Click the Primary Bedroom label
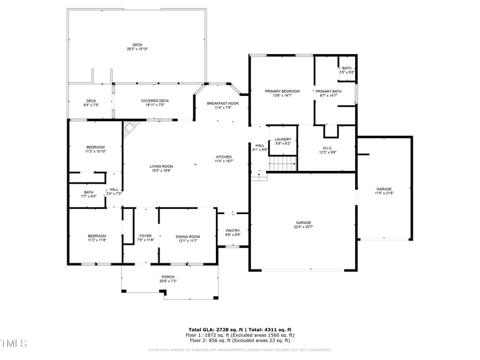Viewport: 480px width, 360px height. [282, 91]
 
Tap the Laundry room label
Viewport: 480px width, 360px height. [283, 139]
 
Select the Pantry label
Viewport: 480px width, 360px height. [233, 230]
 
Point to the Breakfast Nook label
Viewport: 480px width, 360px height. [223, 103]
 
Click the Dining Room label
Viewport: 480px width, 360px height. [188, 236]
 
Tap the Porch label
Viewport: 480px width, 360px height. [168, 277]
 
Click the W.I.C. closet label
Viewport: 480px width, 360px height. [328, 148]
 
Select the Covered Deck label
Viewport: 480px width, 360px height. [155, 101]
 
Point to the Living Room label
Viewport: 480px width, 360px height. [162, 166]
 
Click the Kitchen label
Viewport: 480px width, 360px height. [223, 157]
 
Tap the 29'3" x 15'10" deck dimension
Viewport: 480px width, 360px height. [137, 49]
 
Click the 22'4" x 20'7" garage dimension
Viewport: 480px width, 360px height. [304, 227]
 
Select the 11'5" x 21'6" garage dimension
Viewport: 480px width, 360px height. [384, 193]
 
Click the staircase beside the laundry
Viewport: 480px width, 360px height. [283, 163]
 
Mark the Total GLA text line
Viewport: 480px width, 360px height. [240, 329]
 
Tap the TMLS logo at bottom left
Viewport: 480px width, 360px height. [14, 343]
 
